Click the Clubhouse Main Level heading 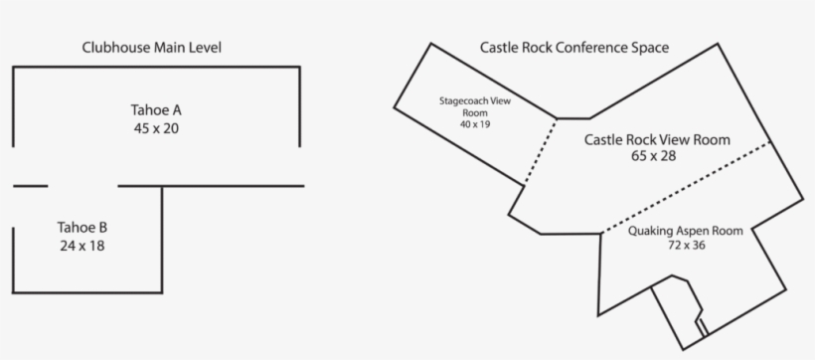152,47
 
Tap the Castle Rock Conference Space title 573,47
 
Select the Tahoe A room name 156,109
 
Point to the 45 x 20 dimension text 156,128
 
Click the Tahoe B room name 81,226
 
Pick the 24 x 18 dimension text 81,245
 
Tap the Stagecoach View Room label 475,106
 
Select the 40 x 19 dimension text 475,124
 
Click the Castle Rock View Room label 657,140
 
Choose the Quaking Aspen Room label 686,231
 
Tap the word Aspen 690,231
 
